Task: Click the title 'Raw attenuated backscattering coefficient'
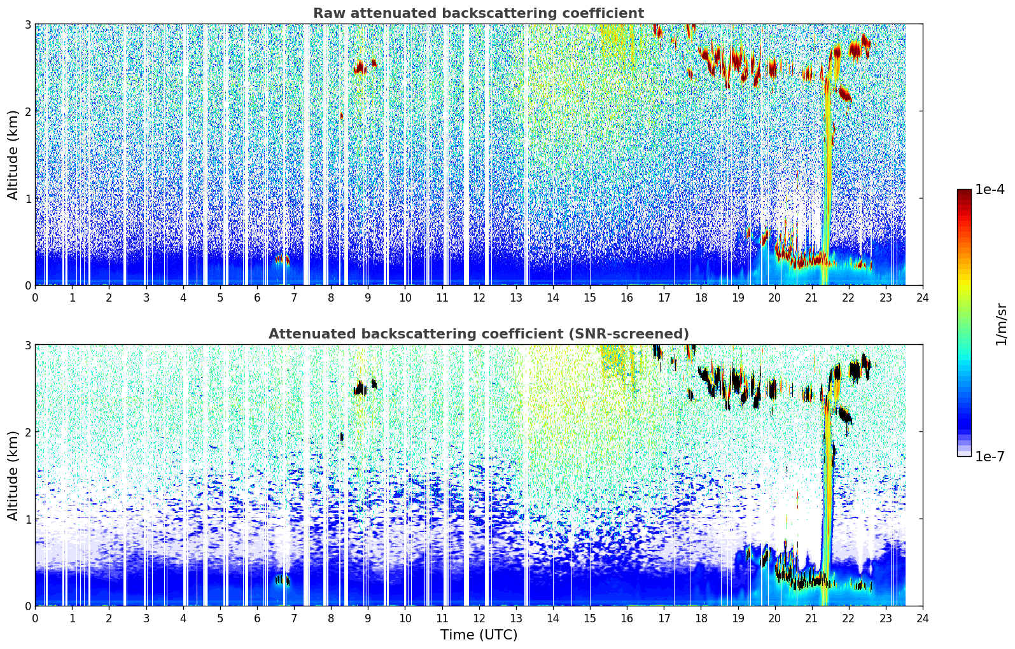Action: click(x=479, y=13)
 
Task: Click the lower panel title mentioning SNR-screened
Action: click(x=479, y=334)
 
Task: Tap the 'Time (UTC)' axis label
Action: click(x=479, y=634)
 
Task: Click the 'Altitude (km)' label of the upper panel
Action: click(x=13, y=155)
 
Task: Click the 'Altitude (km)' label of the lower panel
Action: click(x=13, y=475)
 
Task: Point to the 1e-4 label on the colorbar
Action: click(x=990, y=190)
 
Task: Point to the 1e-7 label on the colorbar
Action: click(x=990, y=456)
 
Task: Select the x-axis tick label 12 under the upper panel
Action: click(x=479, y=298)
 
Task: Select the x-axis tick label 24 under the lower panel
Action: click(x=923, y=618)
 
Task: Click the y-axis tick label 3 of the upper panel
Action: click(x=27, y=24)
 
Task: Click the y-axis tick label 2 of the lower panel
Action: click(x=27, y=432)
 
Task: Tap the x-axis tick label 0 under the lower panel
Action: click(x=36, y=618)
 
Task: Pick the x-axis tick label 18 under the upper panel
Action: click(x=701, y=298)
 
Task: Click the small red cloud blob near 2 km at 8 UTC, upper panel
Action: click(x=342, y=116)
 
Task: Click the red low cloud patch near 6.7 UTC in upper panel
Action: click(x=282, y=260)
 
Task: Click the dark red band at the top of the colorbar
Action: click(x=964, y=192)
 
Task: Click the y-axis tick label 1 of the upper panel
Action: click(x=27, y=199)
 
